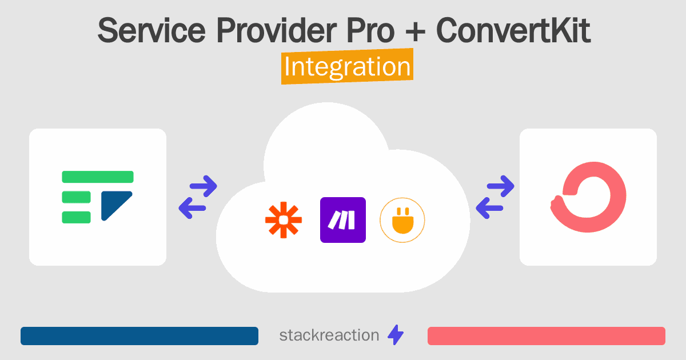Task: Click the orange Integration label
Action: click(x=347, y=67)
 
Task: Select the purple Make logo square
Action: click(x=343, y=220)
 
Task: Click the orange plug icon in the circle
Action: click(x=402, y=220)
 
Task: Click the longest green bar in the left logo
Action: click(x=97, y=177)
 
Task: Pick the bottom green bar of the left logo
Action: click(x=76, y=217)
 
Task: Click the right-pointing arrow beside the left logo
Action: click(x=202, y=185)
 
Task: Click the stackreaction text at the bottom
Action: click(x=329, y=335)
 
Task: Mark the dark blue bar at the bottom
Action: click(x=139, y=336)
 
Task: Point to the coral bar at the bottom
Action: click(x=546, y=336)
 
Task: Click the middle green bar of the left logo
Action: click(x=76, y=197)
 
